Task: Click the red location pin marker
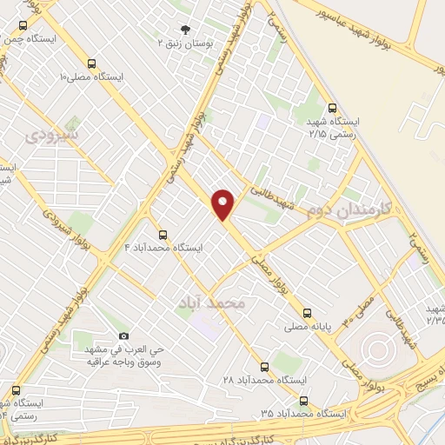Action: [x=223, y=204]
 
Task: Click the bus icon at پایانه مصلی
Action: [x=306, y=313]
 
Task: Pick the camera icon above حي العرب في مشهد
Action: [x=123, y=336]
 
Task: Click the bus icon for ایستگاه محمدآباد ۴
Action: [x=163, y=235]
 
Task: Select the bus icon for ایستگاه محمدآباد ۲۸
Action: [x=264, y=366]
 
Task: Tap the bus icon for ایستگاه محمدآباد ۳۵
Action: [x=303, y=401]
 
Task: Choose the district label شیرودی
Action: [x=52, y=136]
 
